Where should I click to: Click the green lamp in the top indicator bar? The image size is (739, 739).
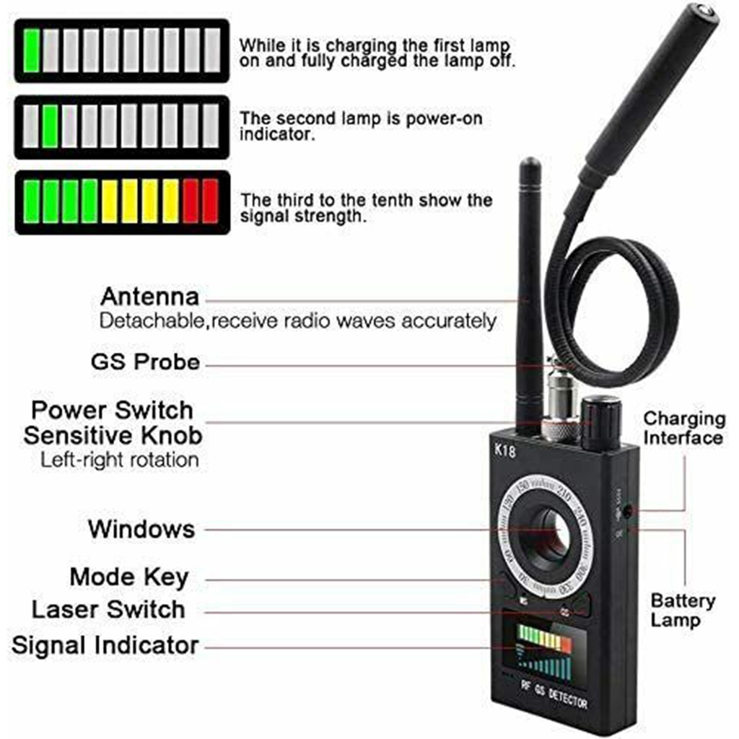31,51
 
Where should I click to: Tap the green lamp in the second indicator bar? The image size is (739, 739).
51,127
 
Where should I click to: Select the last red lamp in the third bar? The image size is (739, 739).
210,201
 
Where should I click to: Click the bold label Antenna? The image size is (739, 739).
149,297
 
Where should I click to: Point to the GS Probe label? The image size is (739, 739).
145,362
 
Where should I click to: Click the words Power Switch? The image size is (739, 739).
112,410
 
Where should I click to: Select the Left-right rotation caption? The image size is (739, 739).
119,460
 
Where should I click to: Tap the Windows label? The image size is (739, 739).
141,529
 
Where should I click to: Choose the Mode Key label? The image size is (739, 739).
129,577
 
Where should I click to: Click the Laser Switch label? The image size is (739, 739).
108,609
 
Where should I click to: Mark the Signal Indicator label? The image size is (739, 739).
105,645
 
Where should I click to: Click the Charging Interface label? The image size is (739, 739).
683,429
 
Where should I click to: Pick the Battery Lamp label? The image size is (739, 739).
683,610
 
